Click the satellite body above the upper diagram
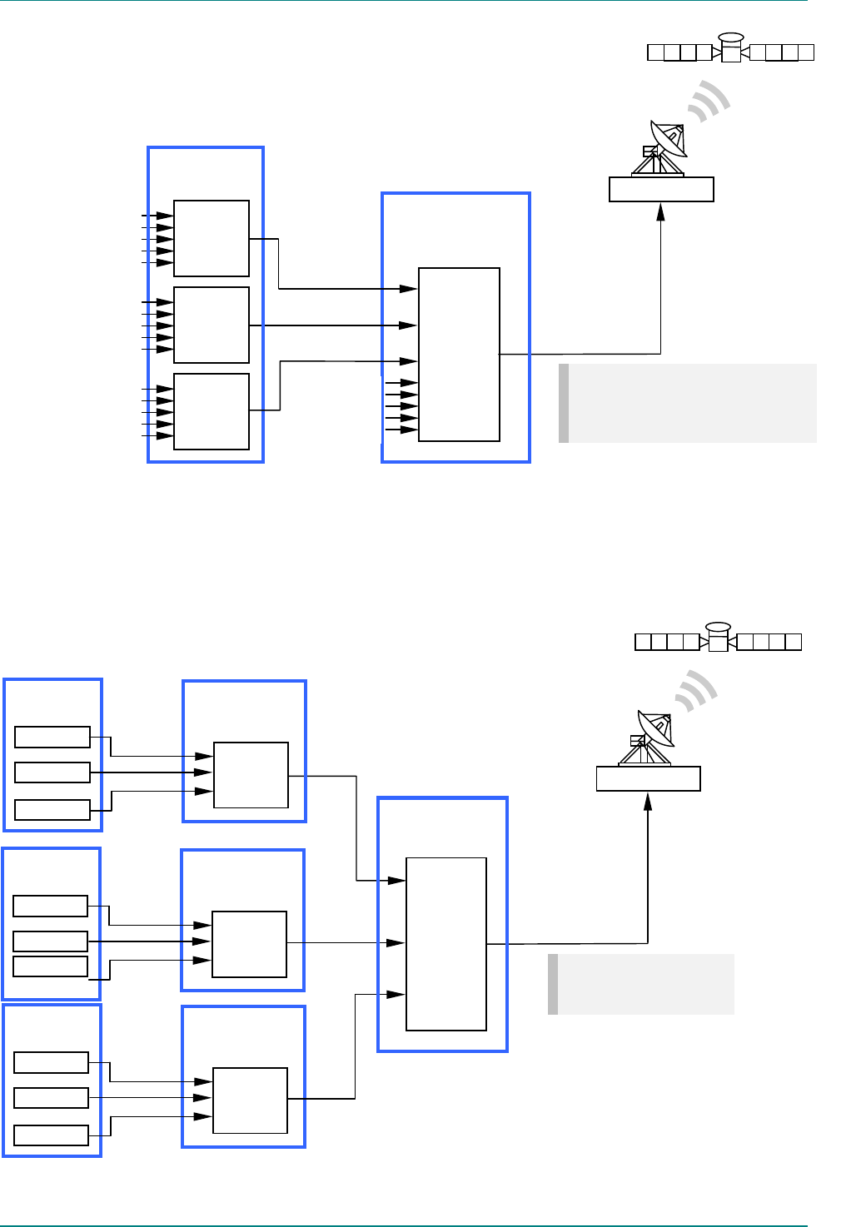730,52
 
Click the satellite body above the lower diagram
718,640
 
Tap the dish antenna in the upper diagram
667,141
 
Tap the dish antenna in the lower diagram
654,729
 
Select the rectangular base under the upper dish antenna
661,189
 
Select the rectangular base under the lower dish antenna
649,778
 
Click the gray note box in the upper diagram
688,403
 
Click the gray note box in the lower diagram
641,984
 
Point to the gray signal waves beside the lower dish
697,692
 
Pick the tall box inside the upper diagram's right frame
459,355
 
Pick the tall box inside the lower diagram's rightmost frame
446,944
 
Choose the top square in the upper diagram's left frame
212,238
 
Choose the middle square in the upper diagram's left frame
212,325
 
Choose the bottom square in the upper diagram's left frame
212,411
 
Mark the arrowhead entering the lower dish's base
649,801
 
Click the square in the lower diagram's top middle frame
251,775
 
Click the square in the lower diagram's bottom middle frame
250,1100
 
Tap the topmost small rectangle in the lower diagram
52,737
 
